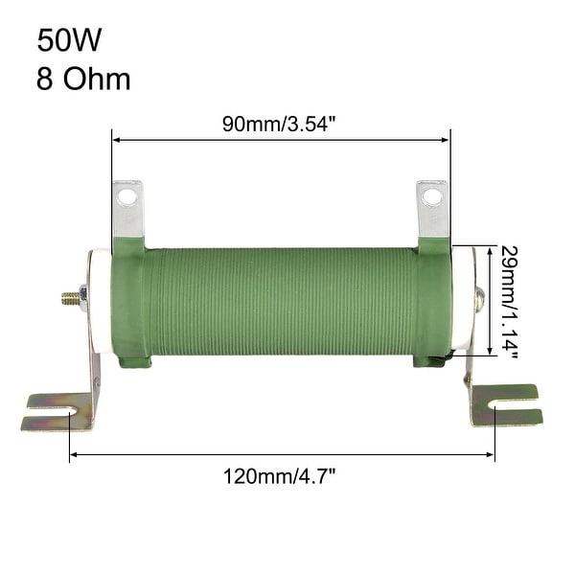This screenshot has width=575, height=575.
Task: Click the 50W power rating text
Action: point(69,40)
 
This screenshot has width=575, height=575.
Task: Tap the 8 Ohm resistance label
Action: point(83,78)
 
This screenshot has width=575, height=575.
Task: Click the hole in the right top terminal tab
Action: point(432,196)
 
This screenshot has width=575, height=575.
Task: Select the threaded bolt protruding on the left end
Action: point(69,298)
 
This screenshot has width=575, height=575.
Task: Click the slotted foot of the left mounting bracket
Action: point(54,411)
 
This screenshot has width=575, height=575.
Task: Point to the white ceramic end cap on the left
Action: point(96,301)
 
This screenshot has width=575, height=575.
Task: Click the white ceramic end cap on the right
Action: point(464,299)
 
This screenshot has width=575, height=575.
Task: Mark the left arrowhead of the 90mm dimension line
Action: point(116,140)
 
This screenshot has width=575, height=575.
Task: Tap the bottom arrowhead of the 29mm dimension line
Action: point(491,351)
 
